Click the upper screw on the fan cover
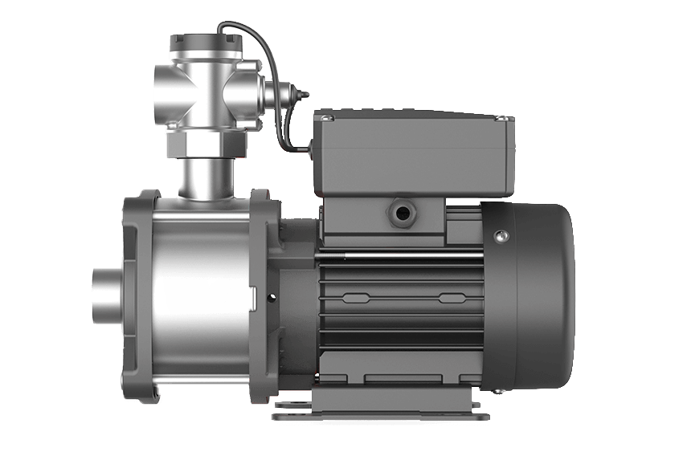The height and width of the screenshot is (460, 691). point(501,235)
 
